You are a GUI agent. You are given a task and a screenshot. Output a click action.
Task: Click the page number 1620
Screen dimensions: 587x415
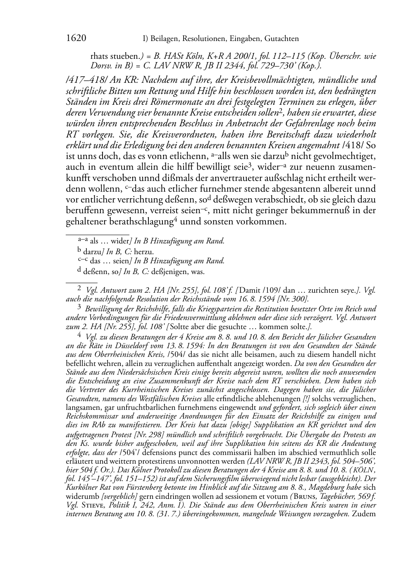click(x=76, y=38)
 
